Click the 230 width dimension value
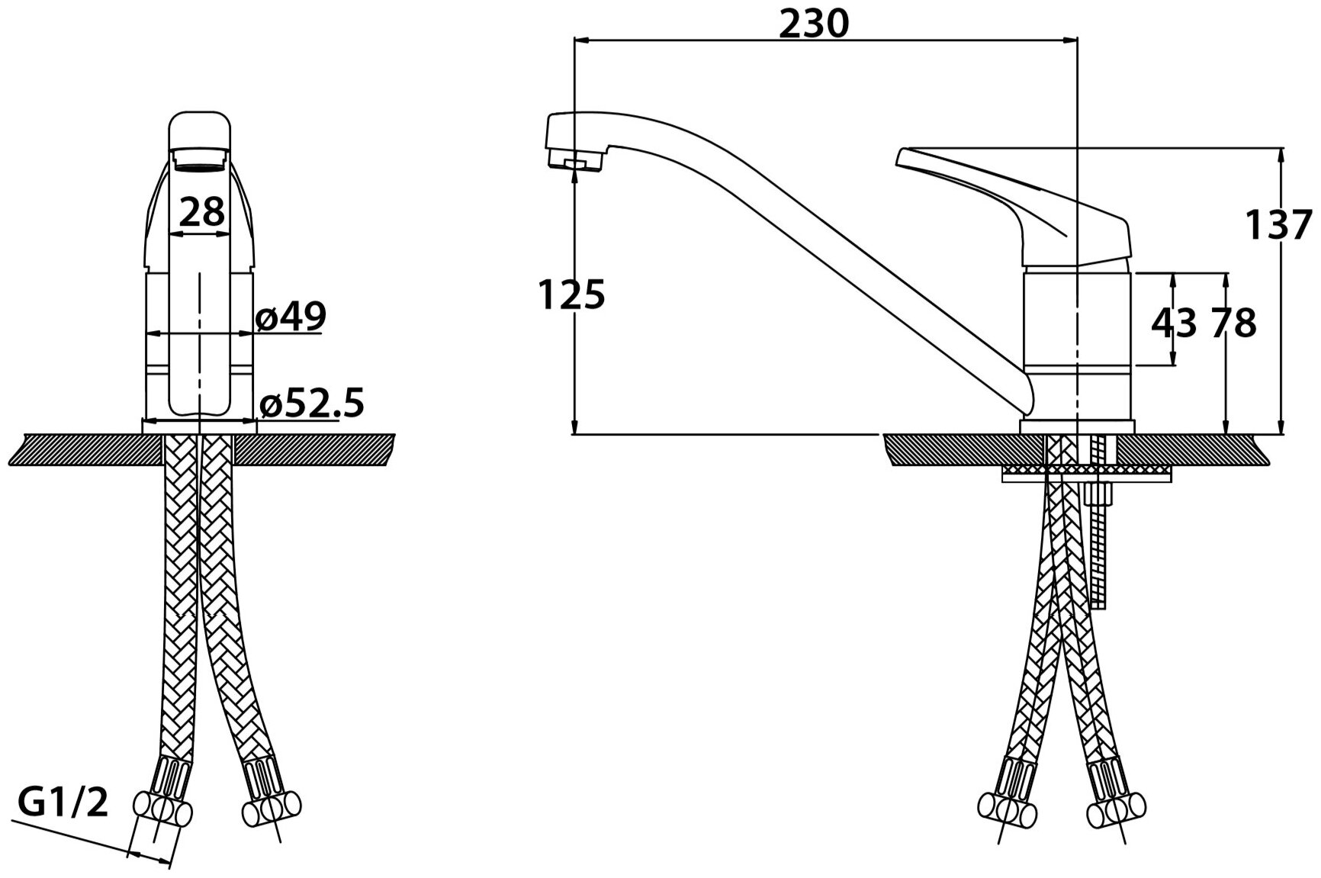click(813, 24)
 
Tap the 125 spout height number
click(572, 294)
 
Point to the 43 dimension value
click(1173, 323)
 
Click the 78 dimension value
click(1232, 323)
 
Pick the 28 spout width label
click(201, 211)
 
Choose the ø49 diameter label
click(291, 317)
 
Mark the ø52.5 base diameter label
click(312, 404)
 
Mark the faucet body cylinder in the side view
click(1077, 320)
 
